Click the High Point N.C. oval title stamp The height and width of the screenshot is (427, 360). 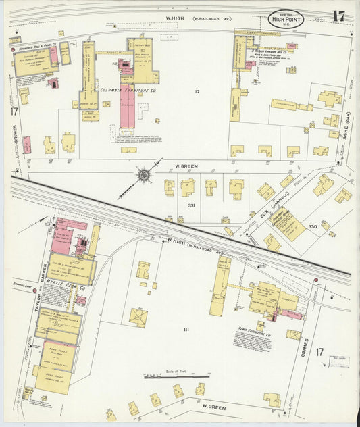[286, 18]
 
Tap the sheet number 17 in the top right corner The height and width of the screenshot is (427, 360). [338, 16]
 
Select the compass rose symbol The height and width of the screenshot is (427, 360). [144, 176]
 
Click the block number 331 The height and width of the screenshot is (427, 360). [191, 205]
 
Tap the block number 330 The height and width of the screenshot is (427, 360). [312, 226]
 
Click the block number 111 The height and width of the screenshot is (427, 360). [186, 330]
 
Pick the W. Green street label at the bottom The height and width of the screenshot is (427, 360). [213, 407]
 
